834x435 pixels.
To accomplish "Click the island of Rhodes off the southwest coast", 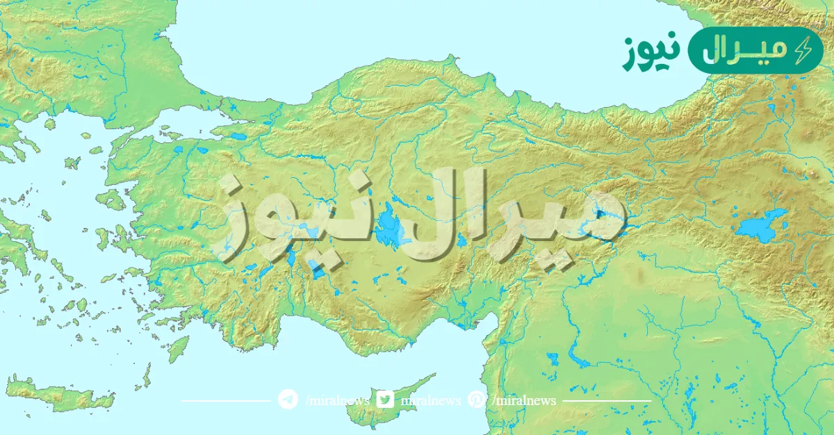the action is tap(178, 347).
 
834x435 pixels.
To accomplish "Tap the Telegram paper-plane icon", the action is tap(288, 400).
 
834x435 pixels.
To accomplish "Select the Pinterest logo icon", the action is tap(477, 400).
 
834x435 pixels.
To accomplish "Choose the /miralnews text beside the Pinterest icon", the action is tap(524, 400).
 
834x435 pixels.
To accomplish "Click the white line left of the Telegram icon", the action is tap(226, 401).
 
